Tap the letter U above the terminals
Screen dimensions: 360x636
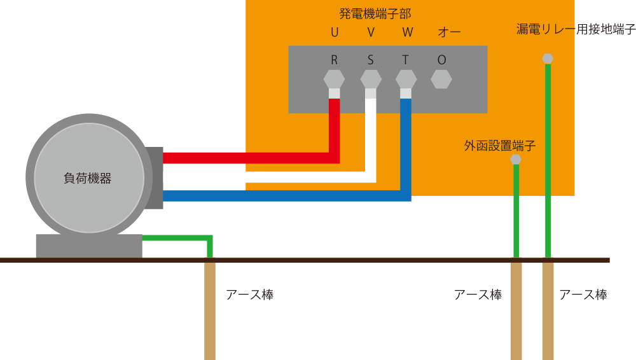point(335,32)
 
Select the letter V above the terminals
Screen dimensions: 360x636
point(371,32)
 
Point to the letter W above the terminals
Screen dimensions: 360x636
point(407,32)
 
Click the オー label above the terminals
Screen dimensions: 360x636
point(449,32)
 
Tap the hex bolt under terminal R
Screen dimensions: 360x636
point(334,79)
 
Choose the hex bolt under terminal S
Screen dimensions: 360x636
point(371,79)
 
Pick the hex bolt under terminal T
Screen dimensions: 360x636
point(406,79)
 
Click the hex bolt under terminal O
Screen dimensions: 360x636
point(441,79)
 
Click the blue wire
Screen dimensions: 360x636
point(286,196)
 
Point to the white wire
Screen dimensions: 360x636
point(267,177)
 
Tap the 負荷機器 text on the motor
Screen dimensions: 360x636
point(88,179)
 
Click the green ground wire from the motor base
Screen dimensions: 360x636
point(178,238)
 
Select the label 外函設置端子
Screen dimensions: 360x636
point(500,146)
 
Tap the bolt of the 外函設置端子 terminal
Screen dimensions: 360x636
point(516,159)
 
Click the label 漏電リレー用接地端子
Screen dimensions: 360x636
point(576,29)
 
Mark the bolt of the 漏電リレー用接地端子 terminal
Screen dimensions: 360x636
point(548,59)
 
